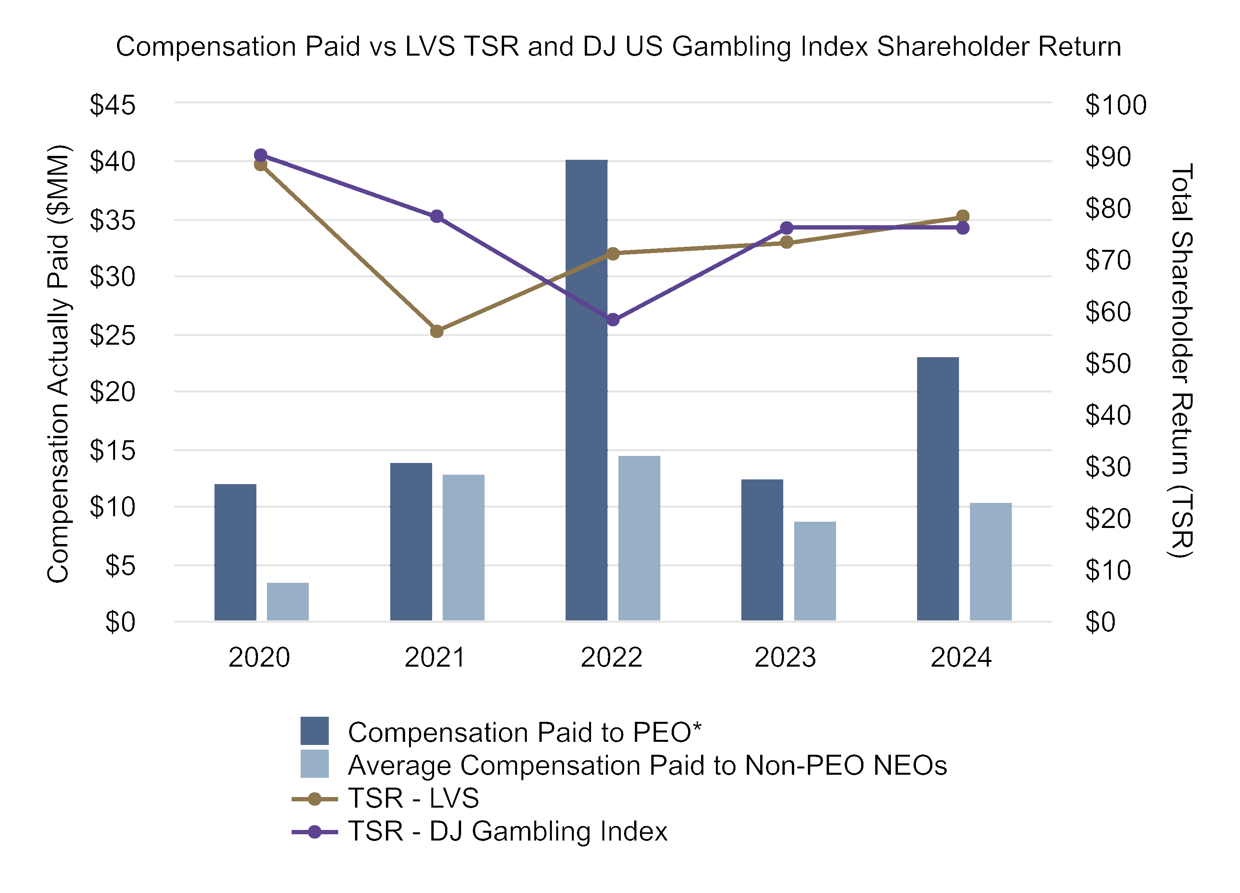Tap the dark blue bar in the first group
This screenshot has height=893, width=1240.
(x=235, y=552)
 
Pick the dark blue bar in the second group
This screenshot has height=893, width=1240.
(x=411, y=542)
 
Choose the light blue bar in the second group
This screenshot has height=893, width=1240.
(x=463, y=547)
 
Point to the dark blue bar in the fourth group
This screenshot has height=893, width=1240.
(x=762, y=550)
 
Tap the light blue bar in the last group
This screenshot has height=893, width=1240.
(x=990, y=561)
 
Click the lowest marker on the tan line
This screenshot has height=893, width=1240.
(x=436, y=331)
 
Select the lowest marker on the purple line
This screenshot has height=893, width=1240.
(x=613, y=320)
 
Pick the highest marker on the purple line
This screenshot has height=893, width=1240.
(x=261, y=155)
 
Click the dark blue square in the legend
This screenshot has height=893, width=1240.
(x=314, y=730)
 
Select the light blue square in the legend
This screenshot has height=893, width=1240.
(x=314, y=763)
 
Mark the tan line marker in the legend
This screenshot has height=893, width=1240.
(x=314, y=799)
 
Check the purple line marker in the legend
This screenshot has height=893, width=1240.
(x=314, y=832)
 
